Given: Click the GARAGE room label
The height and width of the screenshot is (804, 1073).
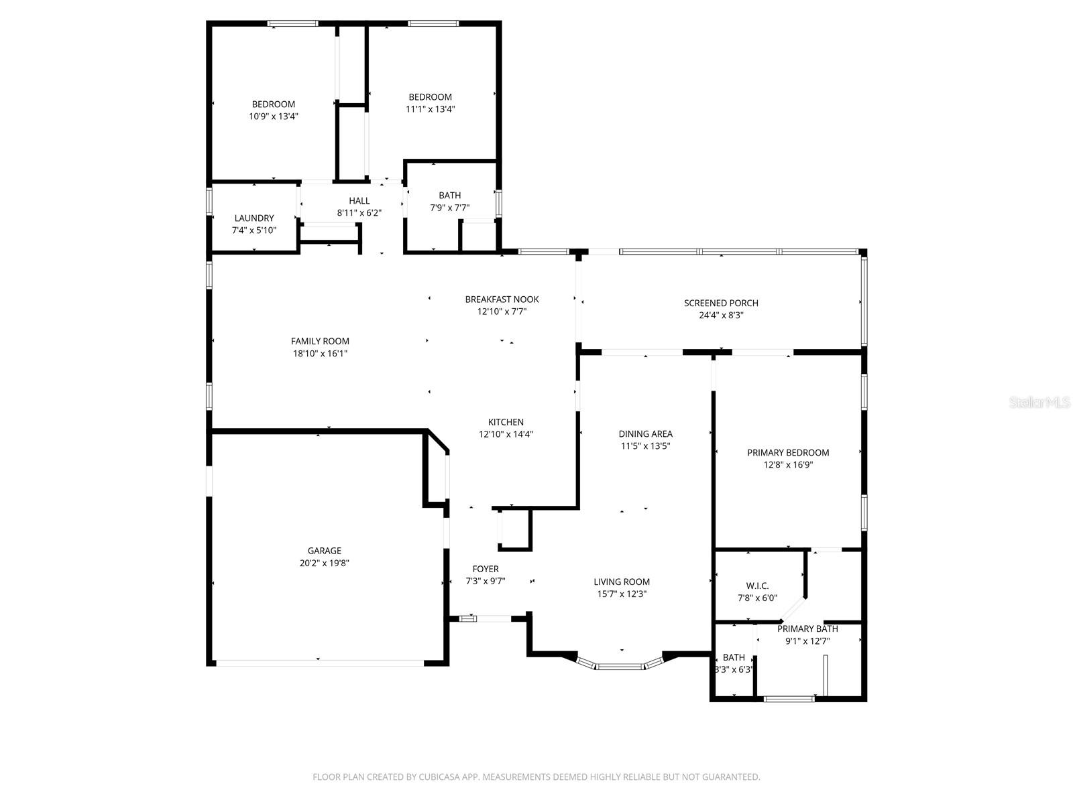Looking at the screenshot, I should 325,551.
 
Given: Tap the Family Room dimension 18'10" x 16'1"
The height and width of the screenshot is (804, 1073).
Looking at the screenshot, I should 321,353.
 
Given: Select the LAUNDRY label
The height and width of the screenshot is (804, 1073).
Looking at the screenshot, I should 254,218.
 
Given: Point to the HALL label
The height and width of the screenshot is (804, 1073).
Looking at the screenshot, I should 359,200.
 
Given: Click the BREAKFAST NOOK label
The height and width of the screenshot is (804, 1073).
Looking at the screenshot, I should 502,299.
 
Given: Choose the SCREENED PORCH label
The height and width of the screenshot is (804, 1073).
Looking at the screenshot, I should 721,303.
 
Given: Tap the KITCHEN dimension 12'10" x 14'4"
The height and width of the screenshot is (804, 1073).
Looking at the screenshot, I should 506,434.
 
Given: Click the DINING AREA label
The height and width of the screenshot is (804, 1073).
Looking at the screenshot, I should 645,433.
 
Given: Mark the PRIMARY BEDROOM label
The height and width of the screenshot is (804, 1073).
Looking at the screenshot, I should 788,452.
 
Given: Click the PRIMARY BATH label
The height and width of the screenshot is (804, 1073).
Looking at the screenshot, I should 807,628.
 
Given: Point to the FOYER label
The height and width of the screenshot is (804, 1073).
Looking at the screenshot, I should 486,569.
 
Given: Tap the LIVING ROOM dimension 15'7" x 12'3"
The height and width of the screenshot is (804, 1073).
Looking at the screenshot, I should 622,594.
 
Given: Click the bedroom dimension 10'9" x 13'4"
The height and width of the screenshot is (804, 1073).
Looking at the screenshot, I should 274,116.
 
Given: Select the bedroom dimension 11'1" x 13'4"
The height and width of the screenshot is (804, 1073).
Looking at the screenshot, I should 431,109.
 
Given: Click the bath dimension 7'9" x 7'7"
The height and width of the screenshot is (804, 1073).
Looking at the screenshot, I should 450,208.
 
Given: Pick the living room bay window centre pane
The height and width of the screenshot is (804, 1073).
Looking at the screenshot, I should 620,666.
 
